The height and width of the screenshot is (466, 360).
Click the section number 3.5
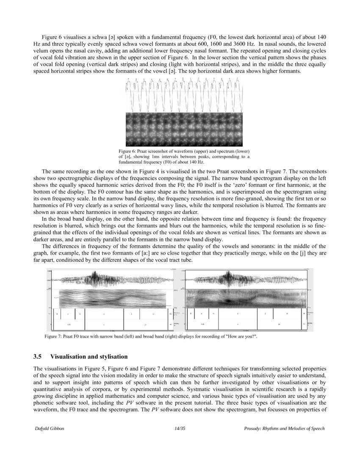tap(39, 356)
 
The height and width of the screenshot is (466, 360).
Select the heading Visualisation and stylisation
tap(92, 356)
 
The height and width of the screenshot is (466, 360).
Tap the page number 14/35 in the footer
tap(180, 429)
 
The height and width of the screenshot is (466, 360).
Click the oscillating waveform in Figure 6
tap(184, 95)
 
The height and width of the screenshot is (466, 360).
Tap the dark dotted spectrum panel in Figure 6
tap(184, 129)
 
